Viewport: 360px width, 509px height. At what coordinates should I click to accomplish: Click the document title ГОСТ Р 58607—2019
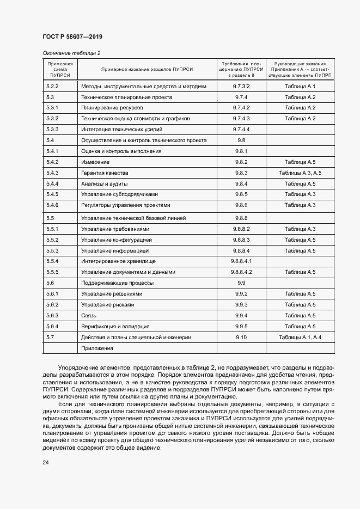[x=72, y=37]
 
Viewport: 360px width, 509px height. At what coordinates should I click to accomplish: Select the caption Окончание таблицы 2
[x=71, y=53]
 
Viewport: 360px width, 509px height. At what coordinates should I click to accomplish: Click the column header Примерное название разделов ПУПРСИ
[x=147, y=70]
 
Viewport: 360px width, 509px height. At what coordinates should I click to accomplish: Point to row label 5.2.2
[x=52, y=86]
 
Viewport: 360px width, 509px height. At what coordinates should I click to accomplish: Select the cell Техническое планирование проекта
[x=126, y=97]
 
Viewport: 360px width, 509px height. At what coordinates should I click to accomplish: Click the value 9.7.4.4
[x=241, y=130]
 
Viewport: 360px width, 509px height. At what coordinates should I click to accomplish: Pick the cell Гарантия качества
[x=105, y=173]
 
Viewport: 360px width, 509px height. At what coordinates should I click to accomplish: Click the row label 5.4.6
[x=52, y=205]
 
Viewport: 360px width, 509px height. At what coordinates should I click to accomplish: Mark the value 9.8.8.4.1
[x=241, y=261]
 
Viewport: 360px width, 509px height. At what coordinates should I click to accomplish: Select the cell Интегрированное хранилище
[x=118, y=261]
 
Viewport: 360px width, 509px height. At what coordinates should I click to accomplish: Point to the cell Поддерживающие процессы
[x=117, y=283]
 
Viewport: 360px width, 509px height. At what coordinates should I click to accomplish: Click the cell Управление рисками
[x=107, y=305]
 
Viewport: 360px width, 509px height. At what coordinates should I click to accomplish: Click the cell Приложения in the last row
[x=97, y=348]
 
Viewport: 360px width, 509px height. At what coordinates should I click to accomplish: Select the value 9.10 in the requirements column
[x=241, y=338]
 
